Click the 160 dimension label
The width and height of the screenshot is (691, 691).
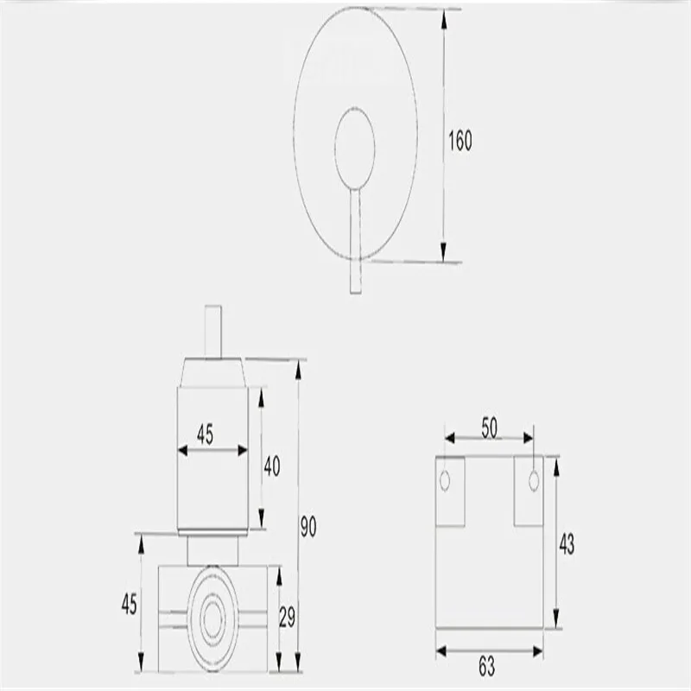pyautogui.click(x=460, y=141)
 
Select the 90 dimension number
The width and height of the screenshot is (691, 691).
pyautogui.click(x=308, y=526)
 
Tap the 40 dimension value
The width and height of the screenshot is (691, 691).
pyautogui.click(x=272, y=466)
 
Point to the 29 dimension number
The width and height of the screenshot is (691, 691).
pyautogui.click(x=287, y=617)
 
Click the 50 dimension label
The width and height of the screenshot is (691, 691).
pyautogui.click(x=489, y=428)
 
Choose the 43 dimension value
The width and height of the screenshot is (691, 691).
pyautogui.click(x=567, y=544)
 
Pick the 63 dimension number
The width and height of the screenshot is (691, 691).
pyautogui.click(x=487, y=666)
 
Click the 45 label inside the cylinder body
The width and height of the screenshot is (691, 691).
pyautogui.click(x=205, y=434)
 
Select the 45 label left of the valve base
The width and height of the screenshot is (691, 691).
pyautogui.click(x=129, y=604)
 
